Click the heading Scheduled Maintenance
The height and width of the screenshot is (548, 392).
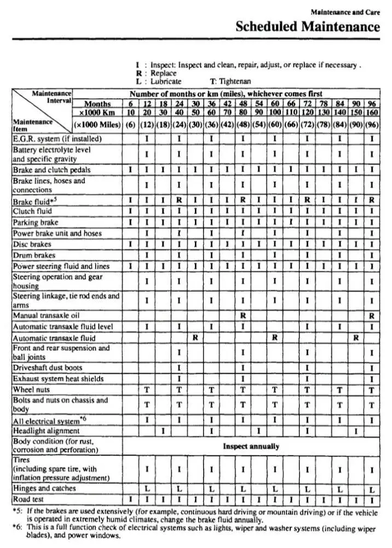[307, 26]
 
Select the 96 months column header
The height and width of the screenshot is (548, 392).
[372, 103]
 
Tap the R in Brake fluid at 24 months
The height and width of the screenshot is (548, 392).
[179, 201]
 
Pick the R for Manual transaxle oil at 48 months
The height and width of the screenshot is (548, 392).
[243, 316]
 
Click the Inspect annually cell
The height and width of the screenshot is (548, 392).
[251, 446]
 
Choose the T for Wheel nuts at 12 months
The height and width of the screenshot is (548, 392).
[147, 390]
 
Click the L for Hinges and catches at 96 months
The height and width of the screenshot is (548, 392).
[372, 489]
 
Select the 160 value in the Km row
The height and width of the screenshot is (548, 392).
[372, 112]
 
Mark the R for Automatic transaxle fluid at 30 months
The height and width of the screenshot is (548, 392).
[195, 338]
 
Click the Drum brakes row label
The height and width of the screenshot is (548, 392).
[34, 255]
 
